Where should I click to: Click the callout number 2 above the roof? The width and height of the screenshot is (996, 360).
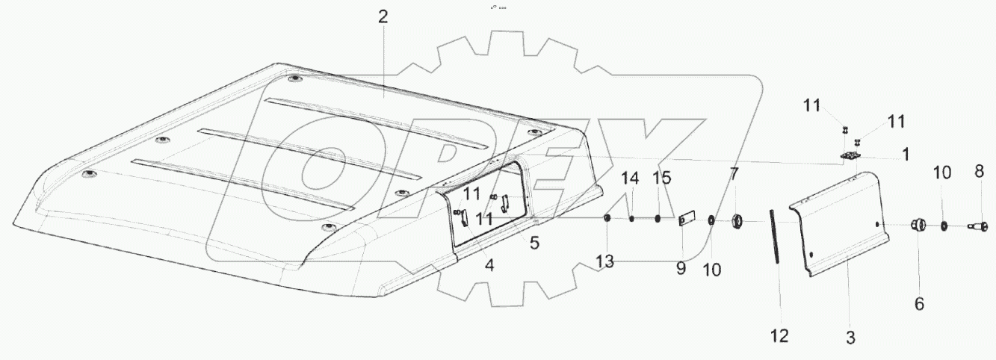pyautogui.click(x=383, y=17)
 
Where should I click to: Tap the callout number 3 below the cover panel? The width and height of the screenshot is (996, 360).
pyautogui.click(x=850, y=337)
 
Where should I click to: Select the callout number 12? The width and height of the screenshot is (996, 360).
pyautogui.click(x=779, y=337)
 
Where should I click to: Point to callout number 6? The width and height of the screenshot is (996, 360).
pyautogui.click(x=918, y=304)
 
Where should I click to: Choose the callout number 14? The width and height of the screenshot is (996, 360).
pyautogui.click(x=631, y=179)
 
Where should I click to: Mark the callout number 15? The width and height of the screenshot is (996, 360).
pyautogui.click(x=661, y=179)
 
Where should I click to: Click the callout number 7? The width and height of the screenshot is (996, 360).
pyautogui.click(x=734, y=175)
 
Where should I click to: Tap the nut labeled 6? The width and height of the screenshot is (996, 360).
pyautogui.click(x=918, y=226)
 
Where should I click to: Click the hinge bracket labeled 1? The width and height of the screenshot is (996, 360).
pyautogui.click(x=849, y=156)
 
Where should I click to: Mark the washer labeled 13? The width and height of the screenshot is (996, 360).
pyautogui.click(x=607, y=218)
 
